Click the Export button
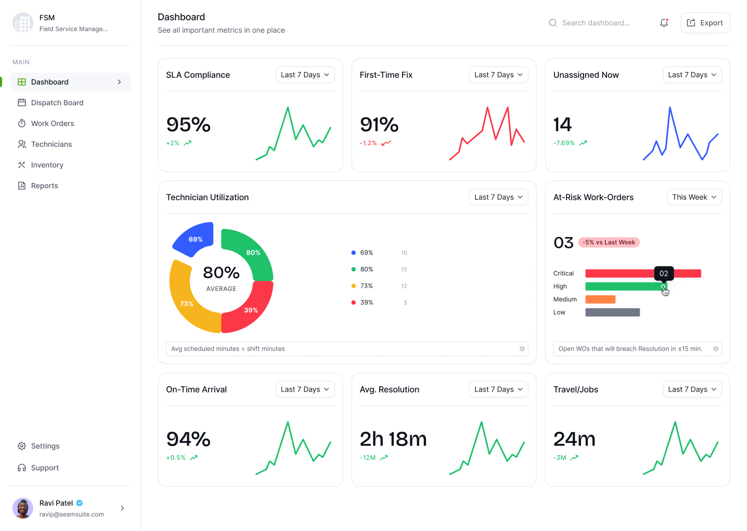[x=705, y=23]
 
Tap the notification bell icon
[x=663, y=23]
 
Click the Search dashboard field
[x=596, y=23]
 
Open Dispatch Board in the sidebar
[x=57, y=103]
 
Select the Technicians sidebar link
[x=51, y=144]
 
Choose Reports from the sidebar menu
[x=45, y=186]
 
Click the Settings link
[x=45, y=446]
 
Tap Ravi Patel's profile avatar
[x=23, y=508]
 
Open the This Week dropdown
[x=694, y=197]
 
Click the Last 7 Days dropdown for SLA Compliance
[x=305, y=75]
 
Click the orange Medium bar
[x=600, y=299]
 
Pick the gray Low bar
[x=612, y=312]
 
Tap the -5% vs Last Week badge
[x=609, y=242]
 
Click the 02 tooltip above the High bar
[x=663, y=273]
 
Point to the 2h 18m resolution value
[x=393, y=439]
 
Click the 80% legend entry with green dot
[x=366, y=269]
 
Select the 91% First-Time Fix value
[x=379, y=125]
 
